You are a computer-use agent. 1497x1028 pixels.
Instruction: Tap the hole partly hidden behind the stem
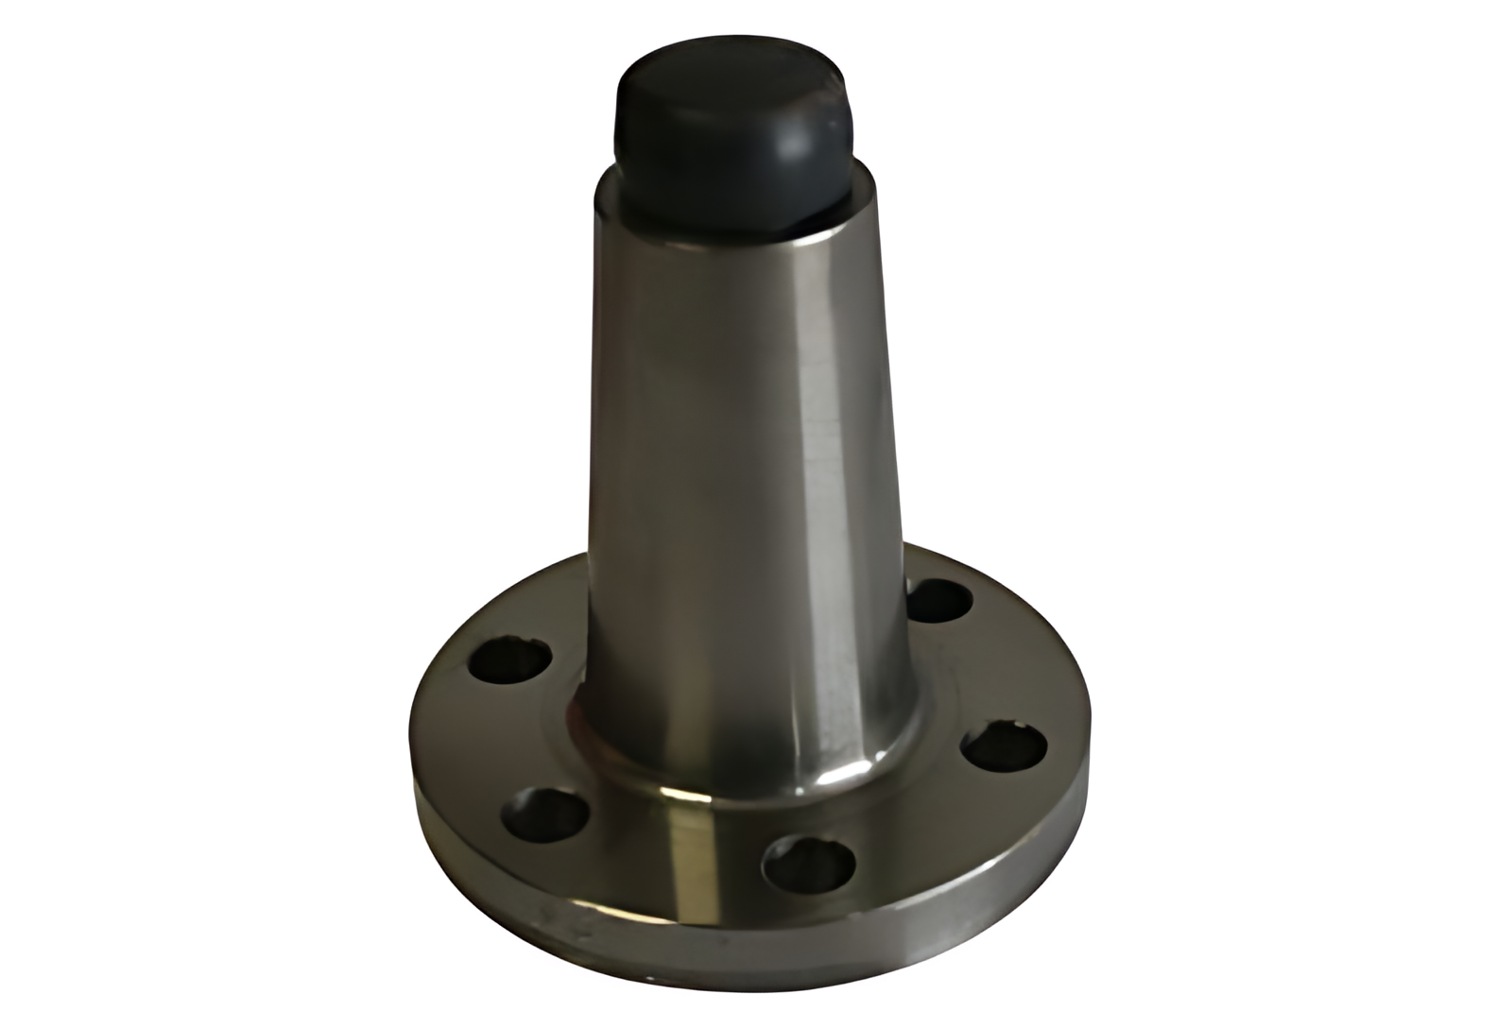point(939,600)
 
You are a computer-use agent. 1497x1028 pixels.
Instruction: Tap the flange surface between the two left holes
point(491,737)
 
